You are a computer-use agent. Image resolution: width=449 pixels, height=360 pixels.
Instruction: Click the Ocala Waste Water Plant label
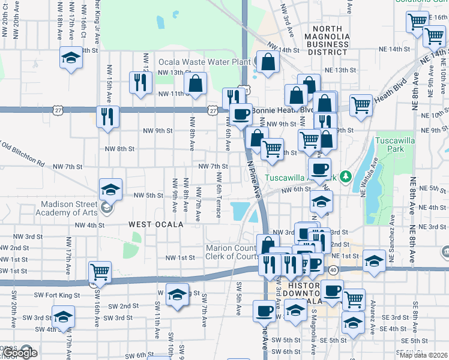204,62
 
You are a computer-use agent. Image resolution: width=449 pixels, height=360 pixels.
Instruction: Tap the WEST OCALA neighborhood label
152,224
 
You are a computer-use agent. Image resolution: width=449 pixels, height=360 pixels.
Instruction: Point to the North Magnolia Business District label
327,40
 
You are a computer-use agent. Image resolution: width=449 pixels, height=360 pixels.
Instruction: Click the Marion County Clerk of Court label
231,253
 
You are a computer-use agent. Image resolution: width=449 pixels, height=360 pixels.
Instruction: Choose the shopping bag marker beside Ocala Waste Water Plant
267,61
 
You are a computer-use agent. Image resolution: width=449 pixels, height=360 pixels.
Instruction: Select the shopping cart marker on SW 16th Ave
99,271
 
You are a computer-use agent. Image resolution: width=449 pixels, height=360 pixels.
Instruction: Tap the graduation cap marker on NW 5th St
111,189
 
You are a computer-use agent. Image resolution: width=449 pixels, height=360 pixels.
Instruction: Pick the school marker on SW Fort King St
176,294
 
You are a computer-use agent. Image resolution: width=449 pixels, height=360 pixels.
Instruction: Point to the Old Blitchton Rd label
23,154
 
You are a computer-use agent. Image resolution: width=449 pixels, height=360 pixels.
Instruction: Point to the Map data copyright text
423,355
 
